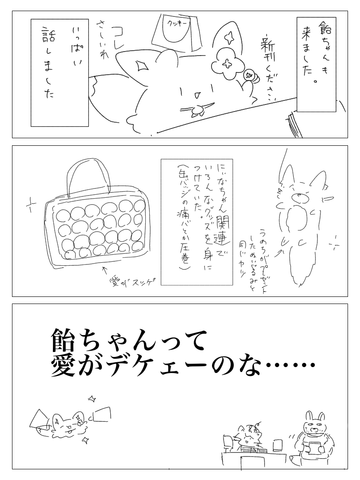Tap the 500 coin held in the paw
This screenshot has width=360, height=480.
click(249, 75)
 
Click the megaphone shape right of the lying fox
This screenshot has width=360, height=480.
click(102, 414)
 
